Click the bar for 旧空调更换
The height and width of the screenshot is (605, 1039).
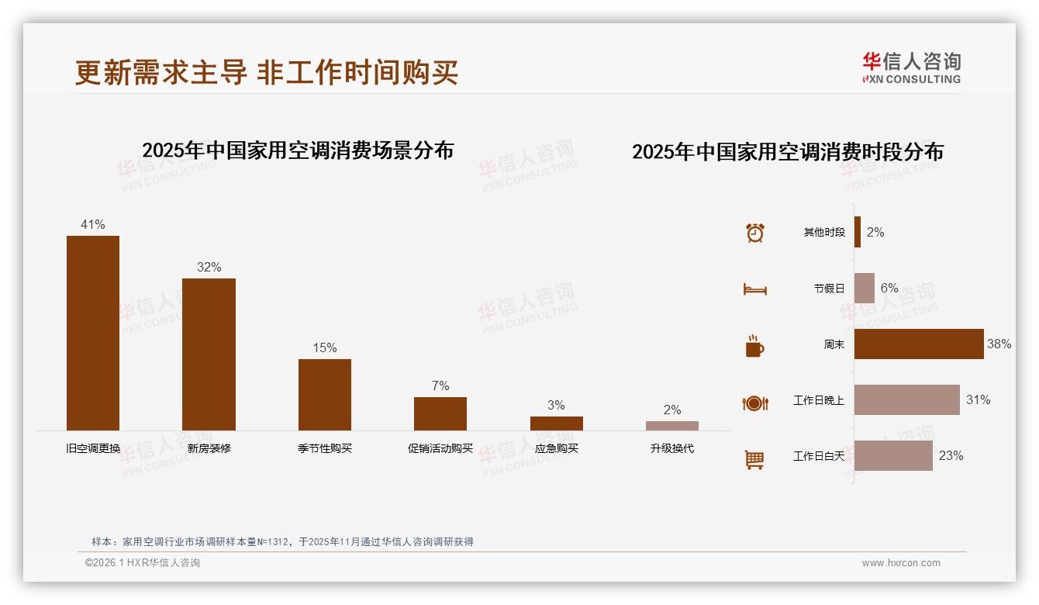coord(93,333)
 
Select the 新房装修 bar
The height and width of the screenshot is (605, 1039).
coord(209,354)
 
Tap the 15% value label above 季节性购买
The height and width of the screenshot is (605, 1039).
coord(325,348)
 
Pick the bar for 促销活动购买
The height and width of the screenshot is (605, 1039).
coord(440,413)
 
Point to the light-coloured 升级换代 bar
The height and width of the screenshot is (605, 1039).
coord(672,426)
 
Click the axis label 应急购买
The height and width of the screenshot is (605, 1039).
coord(557,448)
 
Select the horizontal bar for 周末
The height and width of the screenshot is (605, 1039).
coord(919,344)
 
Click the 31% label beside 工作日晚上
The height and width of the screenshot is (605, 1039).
coord(978,400)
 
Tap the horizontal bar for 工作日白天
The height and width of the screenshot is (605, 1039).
coord(893,456)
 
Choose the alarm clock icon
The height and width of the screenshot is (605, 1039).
coord(755,233)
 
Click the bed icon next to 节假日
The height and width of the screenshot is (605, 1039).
coord(755,289)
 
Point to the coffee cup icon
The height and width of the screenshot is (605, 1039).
coord(754,346)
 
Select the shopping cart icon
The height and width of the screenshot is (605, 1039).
coord(754,459)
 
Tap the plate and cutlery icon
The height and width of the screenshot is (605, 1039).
coord(755,403)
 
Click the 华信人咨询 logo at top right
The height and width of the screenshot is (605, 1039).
coord(911,67)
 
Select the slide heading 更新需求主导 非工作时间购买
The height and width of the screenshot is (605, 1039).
coord(267,72)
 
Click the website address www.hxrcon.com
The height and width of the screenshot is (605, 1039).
coord(901,563)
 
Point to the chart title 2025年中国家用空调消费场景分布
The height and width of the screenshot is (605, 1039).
coord(298,150)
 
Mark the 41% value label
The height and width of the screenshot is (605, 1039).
coord(93,225)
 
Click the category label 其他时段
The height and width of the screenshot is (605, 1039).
coord(824,233)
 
